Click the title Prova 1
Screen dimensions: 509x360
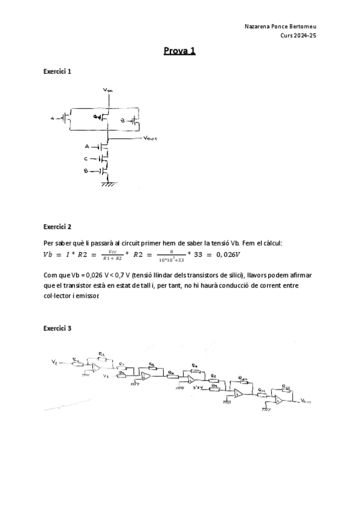pyautogui.click(x=179, y=51)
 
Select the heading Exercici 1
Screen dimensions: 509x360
pyautogui.click(x=58, y=71)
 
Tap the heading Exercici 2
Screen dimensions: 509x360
pyautogui.click(x=58, y=227)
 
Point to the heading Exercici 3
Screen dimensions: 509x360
pyautogui.click(x=58, y=329)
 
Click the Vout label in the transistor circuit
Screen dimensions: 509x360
pyautogui.click(x=150, y=138)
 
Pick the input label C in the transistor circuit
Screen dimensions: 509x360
pyautogui.click(x=86, y=159)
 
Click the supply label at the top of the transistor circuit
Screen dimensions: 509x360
pyautogui.click(x=107, y=90)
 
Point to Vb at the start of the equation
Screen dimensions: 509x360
pyautogui.click(x=49, y=254)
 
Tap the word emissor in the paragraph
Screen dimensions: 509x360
pyautogui.click(x=87, y=295)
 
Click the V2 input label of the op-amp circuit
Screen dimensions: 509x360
pyautogui.click(x=55, y=363)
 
